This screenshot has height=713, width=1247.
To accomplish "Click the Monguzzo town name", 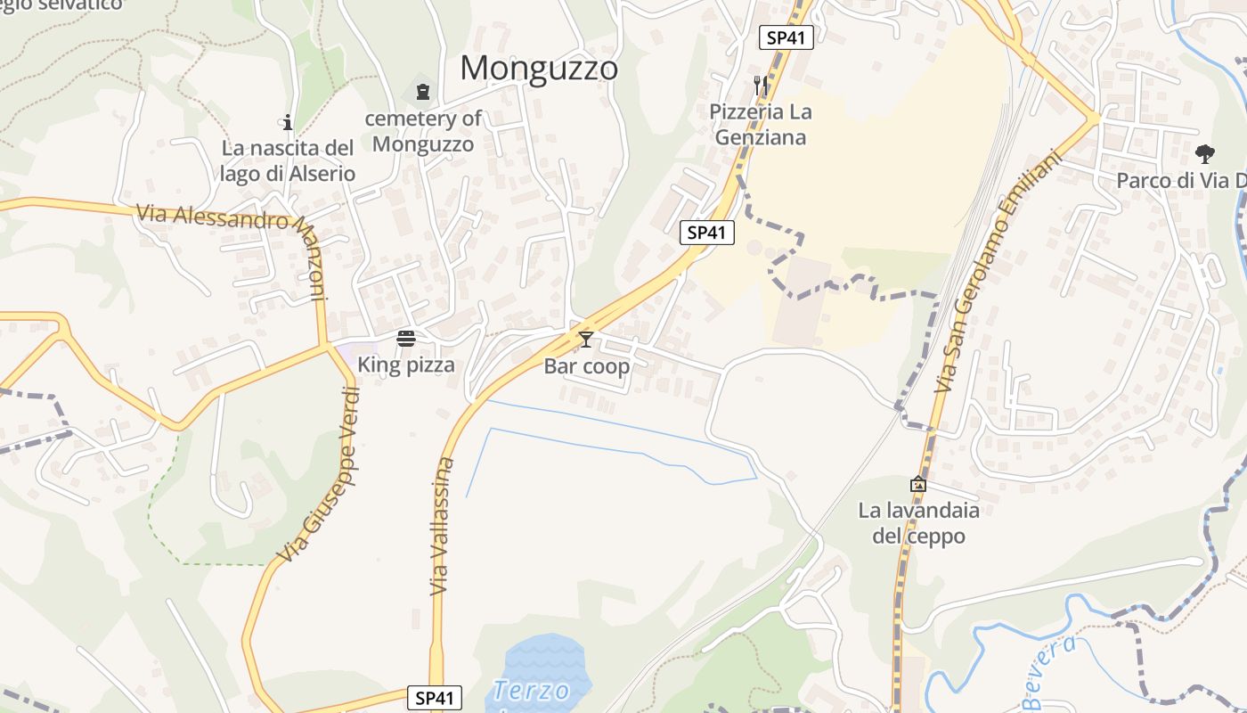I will tap(539, 68).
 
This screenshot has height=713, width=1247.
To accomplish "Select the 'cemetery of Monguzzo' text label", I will tap(423, 130).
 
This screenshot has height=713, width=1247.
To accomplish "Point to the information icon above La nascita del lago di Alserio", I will tap(288, 122).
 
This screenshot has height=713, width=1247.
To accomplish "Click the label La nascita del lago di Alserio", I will tap(288, 160).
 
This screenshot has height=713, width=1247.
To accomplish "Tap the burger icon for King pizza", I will tap(406, 339).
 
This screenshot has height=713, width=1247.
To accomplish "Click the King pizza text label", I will tap(406, 365).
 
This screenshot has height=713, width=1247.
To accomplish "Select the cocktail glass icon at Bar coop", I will tap(586, 339).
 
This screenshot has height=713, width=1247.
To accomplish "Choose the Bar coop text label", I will tap(587, 366).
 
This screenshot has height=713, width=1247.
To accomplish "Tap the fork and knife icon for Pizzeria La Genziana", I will tap(760, 86).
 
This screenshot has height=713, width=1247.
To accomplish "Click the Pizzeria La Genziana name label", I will tap(761, 125).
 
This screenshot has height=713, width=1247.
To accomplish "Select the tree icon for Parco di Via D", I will tap(1204, 154).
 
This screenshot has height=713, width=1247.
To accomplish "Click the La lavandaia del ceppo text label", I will tap(918, 523).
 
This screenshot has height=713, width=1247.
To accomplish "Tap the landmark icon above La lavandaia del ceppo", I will tap(918, 484).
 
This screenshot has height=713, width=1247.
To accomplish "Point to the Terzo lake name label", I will tap(532, 691).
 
